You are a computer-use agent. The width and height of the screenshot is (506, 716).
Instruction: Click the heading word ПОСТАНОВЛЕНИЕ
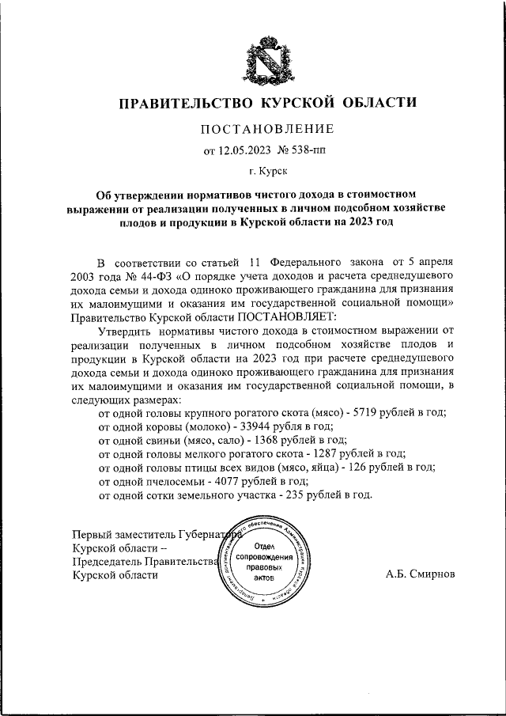coord(266,128)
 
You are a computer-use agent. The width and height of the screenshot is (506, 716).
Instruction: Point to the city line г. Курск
coord(266,170)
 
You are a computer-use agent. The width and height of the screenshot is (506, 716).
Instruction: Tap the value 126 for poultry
coord(357,468)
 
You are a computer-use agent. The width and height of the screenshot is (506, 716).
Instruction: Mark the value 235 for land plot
coord(287,494)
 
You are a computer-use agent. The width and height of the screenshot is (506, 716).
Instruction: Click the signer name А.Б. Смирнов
coord(421,574)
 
